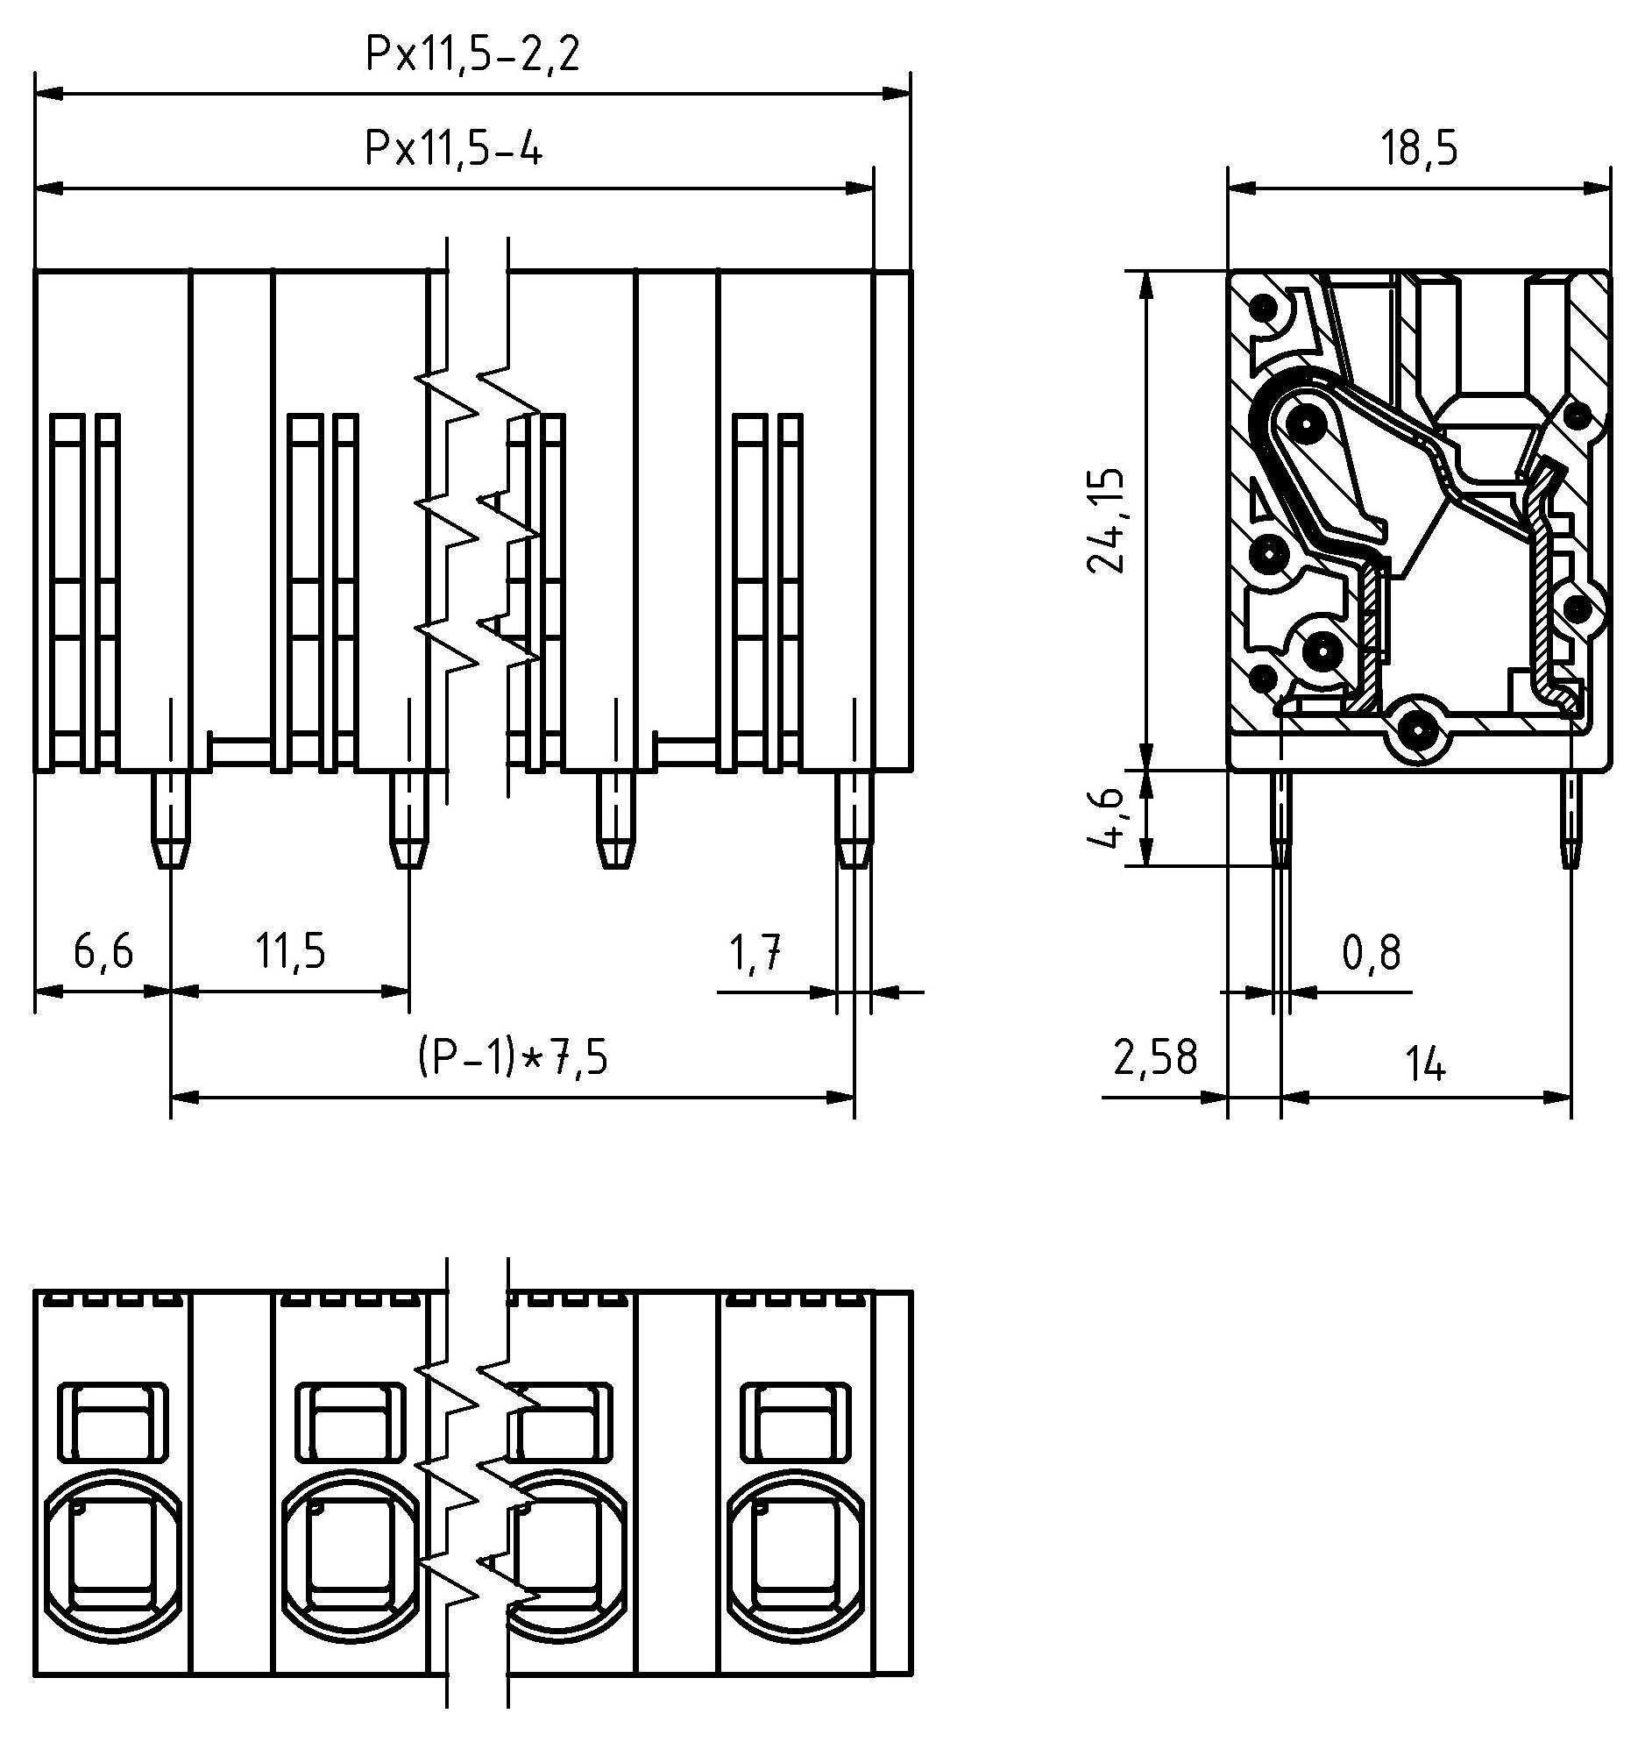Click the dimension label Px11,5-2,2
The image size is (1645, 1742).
coord(472,55)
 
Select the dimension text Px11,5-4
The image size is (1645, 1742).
coord(453,149)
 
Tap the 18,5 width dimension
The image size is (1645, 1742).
coord(1419,149)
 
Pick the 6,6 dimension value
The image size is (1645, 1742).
coord(103,951)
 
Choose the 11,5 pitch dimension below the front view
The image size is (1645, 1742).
coord(290,951)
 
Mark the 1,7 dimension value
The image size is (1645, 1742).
coord(755,953)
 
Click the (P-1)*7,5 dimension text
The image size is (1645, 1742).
coord(512,1058)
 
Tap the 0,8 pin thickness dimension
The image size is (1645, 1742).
coord(1372,953)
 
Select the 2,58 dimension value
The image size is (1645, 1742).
coord(1154,1058)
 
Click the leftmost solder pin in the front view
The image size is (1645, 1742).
coord(172,819)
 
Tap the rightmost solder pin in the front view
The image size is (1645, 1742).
coord(854,819)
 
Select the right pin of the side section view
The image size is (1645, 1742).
coord(1570,819)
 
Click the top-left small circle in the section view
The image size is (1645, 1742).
coord(1263,309)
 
